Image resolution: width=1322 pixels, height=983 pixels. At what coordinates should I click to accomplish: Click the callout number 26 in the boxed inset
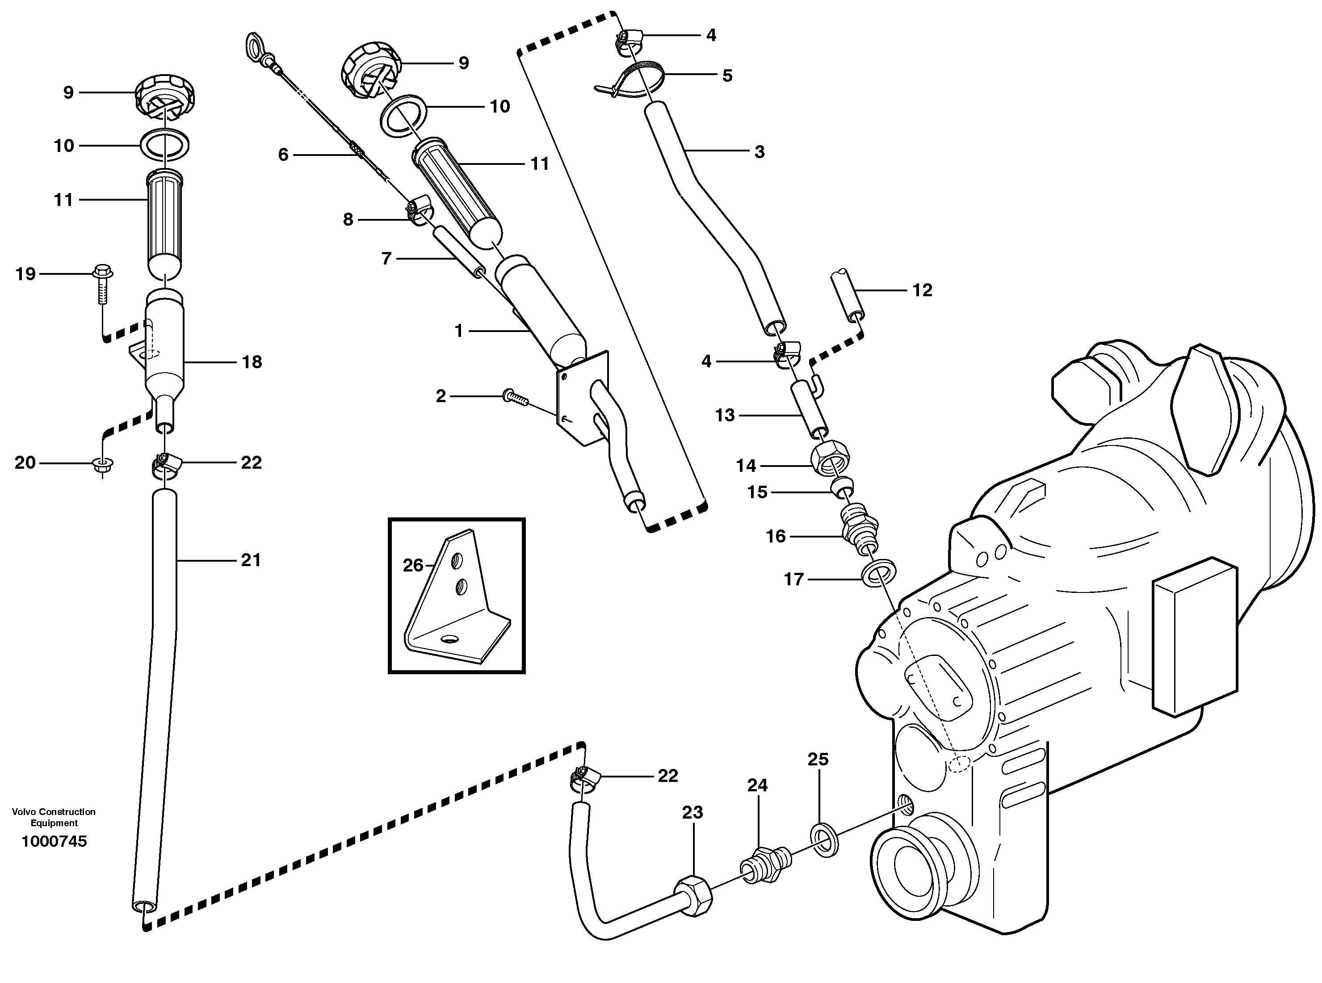[x=413, y=565]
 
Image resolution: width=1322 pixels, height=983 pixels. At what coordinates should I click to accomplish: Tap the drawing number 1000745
[x=54, y=841]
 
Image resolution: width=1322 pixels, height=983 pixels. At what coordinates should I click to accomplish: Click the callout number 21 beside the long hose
[x=251, y=560]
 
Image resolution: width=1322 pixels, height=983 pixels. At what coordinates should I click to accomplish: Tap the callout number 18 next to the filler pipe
[x=252, y=362]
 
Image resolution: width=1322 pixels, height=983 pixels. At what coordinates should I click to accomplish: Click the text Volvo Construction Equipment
[x=54, y=817]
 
